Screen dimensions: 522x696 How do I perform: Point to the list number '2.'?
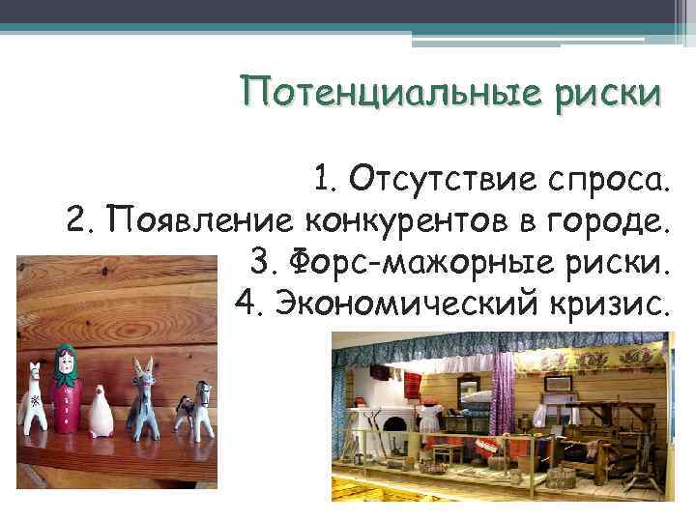tap(81, 221)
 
